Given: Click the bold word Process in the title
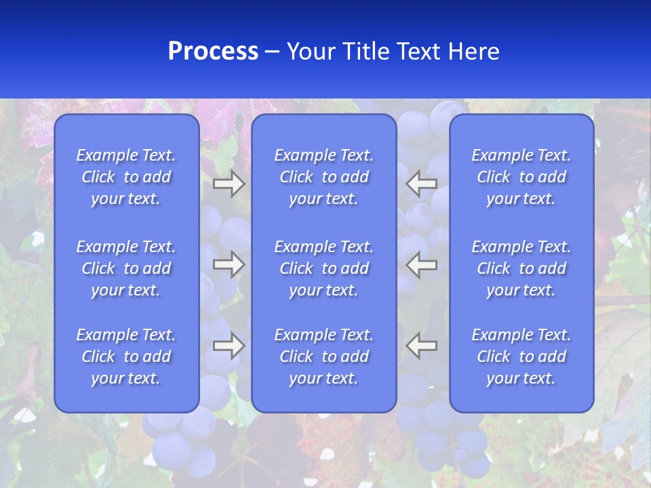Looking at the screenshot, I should (x=213, y=52).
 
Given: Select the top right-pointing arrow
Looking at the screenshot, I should (x=229, y=184).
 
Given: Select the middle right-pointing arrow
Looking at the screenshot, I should (x=229, y=264).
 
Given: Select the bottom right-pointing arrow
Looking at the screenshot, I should (x=229, y=346).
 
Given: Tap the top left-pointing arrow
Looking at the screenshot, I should (x=422, y=184).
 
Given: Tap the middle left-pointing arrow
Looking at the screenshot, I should (x=422, y=264).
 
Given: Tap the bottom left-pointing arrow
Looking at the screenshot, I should (x=422, y=346).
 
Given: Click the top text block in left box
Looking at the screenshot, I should (x=126, y=177).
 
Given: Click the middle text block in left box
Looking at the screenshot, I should (x=126, y=268).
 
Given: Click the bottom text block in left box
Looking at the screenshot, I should (x=126, y=357).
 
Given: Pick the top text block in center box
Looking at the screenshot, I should (x=324, y=177).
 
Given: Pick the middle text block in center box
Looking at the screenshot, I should (x=324, y=268).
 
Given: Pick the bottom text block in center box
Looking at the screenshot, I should (x=324, y=357).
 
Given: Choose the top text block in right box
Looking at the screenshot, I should (x=521, y=177).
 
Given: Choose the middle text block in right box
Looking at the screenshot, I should (x=521, y=268).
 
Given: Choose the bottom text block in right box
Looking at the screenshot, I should (x=521, y=357).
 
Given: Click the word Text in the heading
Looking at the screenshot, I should (x=416, y=52).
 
